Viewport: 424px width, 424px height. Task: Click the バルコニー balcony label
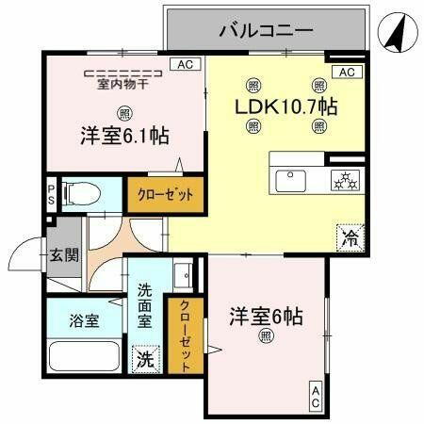pyautogui.click(x=266, y=30)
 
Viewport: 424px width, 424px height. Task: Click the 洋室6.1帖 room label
pyautogui.click(x=124, y=136)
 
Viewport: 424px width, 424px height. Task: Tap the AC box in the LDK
pyautogui.click(x=346, y=72)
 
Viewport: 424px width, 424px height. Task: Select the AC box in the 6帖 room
pyautogui.click(x=315, y=397)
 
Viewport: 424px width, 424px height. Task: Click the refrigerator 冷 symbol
pyautogui.click(x=349, y=236)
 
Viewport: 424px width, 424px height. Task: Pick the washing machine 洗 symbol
pyautogui.click(x=145, y=359)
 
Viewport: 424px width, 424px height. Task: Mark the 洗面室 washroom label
pyautogui.click(x=145, y=306)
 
